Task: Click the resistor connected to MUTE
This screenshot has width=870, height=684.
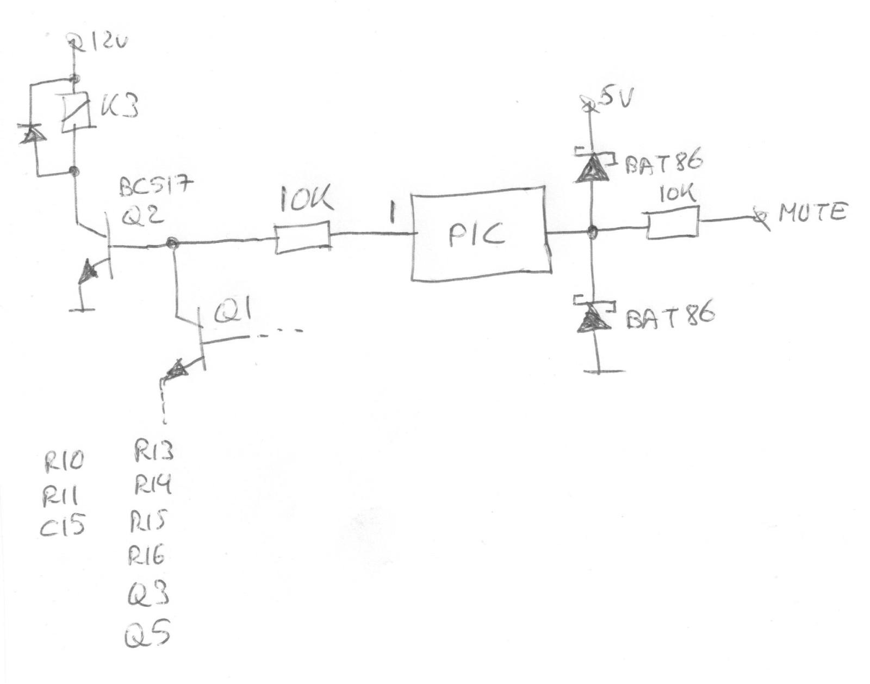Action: [x=673, y=223]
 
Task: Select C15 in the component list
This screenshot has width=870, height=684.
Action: [x=63, y=526]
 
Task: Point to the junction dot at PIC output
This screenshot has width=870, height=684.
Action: [x=592, y=232]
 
